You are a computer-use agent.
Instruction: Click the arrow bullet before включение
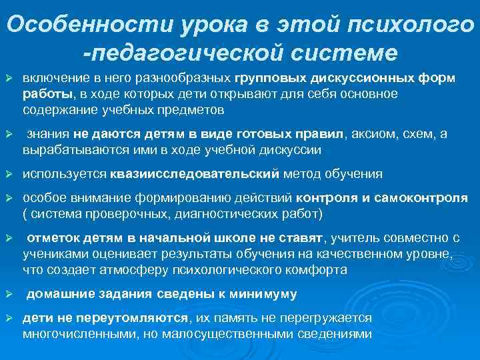(x=9, y=79)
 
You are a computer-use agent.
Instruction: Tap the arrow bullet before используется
(x=9, y=174)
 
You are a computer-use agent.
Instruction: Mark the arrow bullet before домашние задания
(x=9, y=294)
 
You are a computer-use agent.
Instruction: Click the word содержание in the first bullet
(x=53, y=109)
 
